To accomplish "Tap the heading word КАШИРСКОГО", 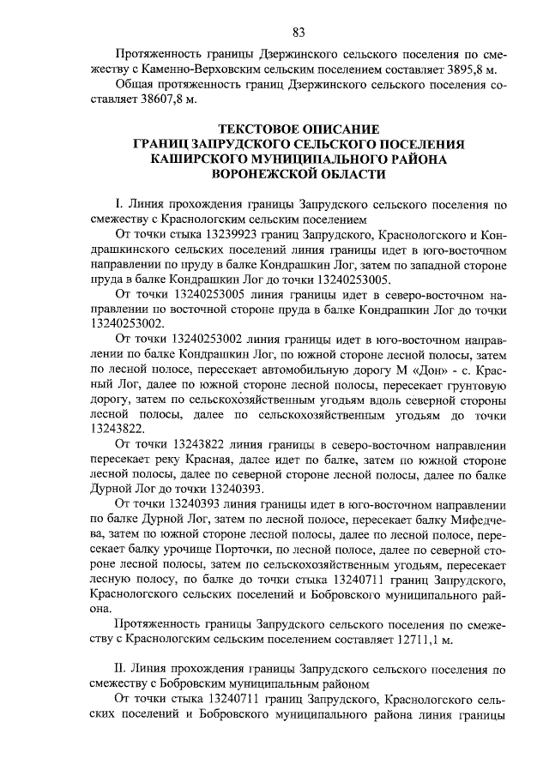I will (x=202, y=159).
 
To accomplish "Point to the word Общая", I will (x=133, y=85).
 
